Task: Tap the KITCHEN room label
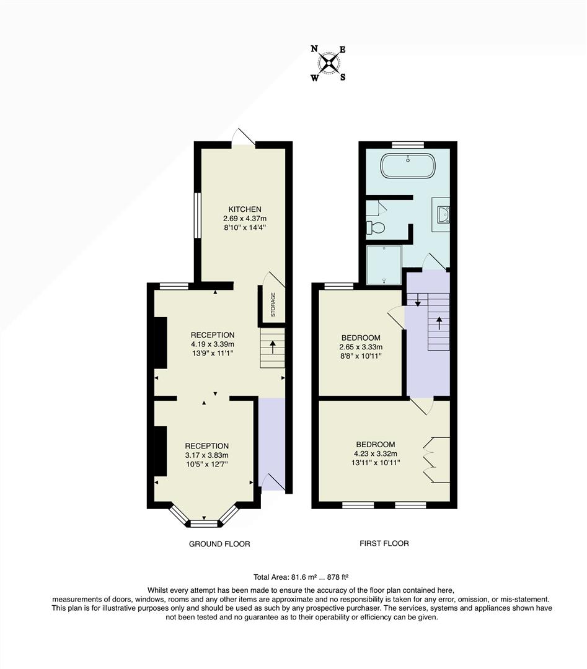(244, 209)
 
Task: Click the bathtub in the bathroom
(407, 167)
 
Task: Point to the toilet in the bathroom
(376, 227)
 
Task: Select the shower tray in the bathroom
(384, 265)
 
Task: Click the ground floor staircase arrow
(272, 346)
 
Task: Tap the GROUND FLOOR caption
(219, 544)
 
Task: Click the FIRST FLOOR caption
(384, 543)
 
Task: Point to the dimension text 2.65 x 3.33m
(361, 347)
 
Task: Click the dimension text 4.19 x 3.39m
(213, 344)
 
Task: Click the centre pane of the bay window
(204, 523)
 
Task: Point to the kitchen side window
(197, 216)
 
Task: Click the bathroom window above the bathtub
(407, 144)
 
